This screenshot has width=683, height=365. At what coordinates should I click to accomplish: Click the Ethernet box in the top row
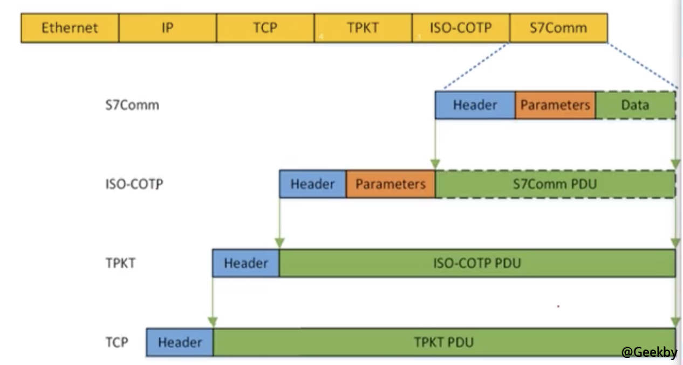tap(70, 28)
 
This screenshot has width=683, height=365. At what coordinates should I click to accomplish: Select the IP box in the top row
tap(167, 28)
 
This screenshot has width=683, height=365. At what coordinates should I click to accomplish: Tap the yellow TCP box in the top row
tap(265, 28)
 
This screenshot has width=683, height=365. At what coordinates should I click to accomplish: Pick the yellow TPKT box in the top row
tap(363, 28)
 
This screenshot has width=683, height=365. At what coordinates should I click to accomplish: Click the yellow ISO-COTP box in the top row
tap(461, 28)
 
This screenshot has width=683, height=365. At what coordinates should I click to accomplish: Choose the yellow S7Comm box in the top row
tap(558, 28)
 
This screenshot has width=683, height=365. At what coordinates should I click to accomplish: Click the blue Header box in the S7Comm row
tap(475, 105)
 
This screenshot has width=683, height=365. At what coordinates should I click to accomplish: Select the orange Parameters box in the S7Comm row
tap(555, 105)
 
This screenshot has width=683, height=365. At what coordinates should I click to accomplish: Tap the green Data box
tap(635, 105)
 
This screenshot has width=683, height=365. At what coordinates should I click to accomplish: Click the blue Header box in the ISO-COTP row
tap(312, 184)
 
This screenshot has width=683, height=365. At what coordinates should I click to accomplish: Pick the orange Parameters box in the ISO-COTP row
tap(390, 184)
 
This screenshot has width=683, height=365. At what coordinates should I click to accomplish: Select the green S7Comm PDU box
tap(555, 184)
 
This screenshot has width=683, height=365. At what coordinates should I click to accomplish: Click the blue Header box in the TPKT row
tap(245, 263)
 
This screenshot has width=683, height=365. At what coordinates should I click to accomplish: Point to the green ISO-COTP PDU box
tap(477, 263)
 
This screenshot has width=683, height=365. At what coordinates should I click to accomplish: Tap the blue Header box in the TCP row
tap(180, 342)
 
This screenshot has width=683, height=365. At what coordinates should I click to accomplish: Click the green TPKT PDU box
tap(443, 342)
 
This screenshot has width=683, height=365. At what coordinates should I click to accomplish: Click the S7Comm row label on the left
tap(132, 105)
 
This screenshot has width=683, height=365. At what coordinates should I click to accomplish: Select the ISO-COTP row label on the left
tap(134, 184)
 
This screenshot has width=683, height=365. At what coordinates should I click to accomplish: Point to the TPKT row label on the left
tap(120, 263)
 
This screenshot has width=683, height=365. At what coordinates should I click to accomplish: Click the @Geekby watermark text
tap(649, 352)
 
